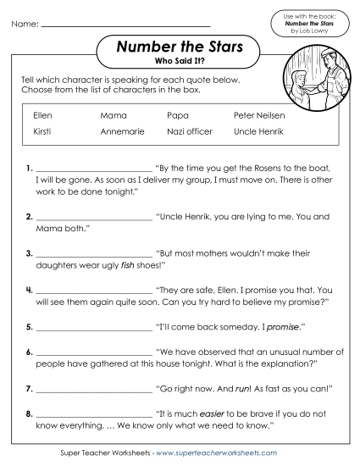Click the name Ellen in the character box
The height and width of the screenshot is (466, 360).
tap(42, 114)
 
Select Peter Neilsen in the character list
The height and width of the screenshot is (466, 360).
tap(259, 114)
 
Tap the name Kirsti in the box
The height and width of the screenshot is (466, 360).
tap(42, 132)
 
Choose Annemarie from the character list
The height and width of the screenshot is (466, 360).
tap(122, 132)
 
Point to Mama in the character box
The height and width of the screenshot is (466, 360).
tap(114, 114)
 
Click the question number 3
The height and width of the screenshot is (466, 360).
tap(29, 253)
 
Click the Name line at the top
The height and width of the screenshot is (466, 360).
tap(125, 25)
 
